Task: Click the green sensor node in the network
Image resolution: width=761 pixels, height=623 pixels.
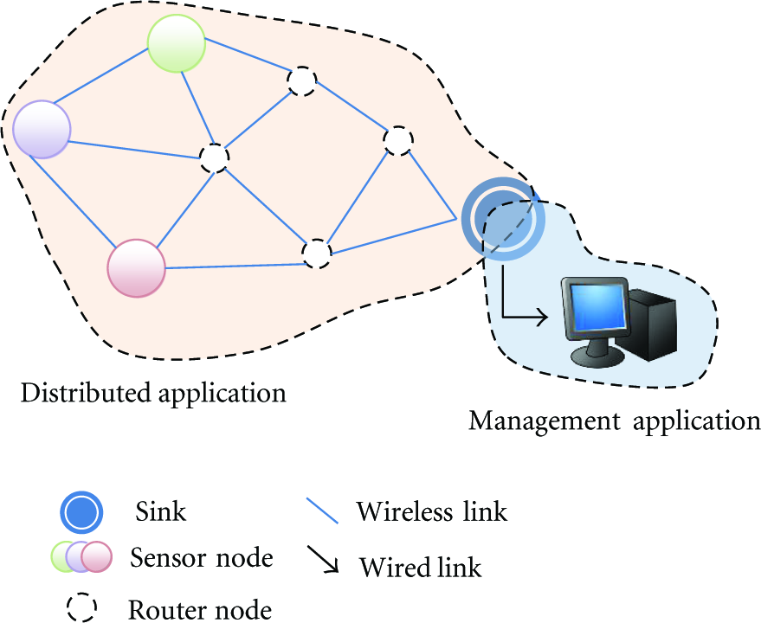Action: click(177, 43)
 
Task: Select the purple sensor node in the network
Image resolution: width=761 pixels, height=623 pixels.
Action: click(42, 130)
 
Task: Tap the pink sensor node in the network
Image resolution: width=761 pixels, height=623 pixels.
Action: click(137, 268)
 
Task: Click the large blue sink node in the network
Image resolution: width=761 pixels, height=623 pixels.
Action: click(503, 219)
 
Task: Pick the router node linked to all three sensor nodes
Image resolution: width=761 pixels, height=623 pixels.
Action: click(215, 157)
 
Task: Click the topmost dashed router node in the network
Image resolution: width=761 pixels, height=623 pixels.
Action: click(302, 80)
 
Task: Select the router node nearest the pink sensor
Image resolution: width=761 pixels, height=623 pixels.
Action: click(317, 254)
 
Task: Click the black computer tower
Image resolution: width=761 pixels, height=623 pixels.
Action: click(647, 324)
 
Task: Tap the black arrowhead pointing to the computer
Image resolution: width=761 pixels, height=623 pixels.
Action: click(541, 318)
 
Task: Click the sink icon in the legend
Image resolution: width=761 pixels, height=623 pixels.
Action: click(81, 512)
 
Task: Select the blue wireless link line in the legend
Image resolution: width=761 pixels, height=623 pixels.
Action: click(322, 511)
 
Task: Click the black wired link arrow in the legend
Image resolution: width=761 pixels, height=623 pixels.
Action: click(323, 560)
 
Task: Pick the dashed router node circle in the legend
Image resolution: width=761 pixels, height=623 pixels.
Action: click(82, 607)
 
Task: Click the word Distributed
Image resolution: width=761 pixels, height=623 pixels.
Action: click(87, 392)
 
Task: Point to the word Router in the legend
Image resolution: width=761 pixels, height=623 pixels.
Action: click(167, 609)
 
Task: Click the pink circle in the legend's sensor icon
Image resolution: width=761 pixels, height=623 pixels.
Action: click(97, 556)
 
